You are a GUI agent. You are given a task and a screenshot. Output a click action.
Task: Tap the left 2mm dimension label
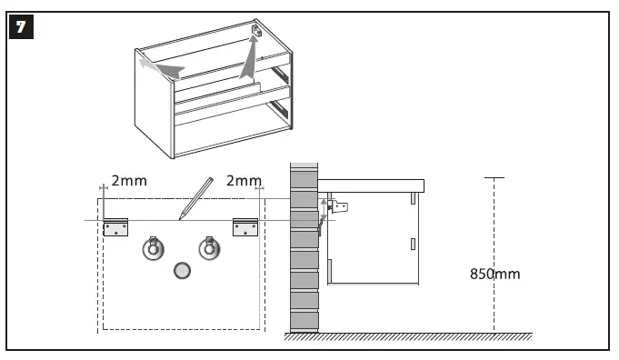pyautogui.click(x=129, y=181)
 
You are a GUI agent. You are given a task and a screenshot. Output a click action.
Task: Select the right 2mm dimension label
pyautogui.click(x=244, y=181)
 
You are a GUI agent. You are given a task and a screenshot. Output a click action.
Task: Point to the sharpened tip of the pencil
pyautogui.click(x=181, y=218)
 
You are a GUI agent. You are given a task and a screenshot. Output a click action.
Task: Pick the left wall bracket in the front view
pyautogui.click(x=115, y=226)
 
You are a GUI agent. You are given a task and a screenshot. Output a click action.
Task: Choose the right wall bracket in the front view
pyautogui.click(x=245, y=226)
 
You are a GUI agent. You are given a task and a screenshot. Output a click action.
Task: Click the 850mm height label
pyautogui.click(x=495, y=273)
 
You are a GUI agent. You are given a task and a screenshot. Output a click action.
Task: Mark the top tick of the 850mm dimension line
pyautogui.click(x=494, y=178)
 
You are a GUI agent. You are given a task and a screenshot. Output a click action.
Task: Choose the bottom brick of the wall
pyautogui.click(x=304, y=321)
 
